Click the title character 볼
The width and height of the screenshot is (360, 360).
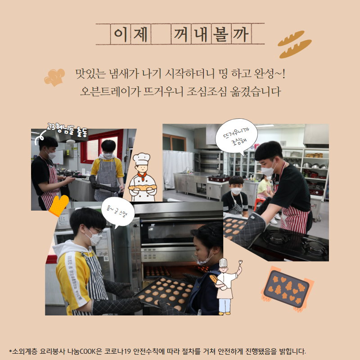[x=220, y=34]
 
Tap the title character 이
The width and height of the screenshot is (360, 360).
[x=120, y=35]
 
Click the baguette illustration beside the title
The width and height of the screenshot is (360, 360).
[x=294, y=44]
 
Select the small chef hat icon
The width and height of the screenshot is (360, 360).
[x=54, y=77]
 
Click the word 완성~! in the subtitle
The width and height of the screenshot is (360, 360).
[x=270, y=73]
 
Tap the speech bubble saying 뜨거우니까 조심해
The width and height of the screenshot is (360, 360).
[x=237, y=136]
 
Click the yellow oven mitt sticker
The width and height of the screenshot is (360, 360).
[x=59, y=206]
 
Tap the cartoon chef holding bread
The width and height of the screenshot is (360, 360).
[x=142, y=177]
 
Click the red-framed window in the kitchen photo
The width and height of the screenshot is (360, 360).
[x=101, y=146]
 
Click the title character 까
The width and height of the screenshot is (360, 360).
[x=241, y=35]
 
